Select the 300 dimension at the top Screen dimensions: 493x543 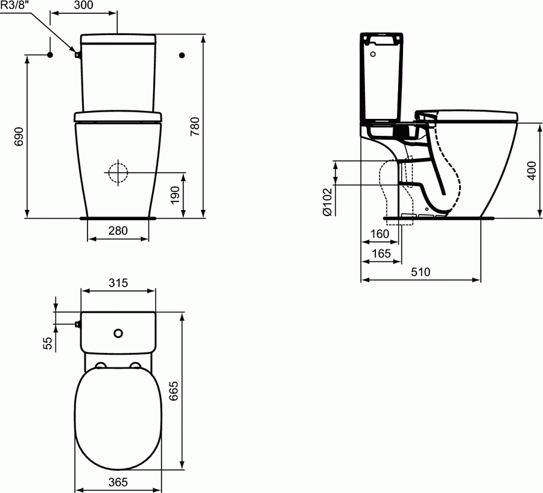tap(84, 5)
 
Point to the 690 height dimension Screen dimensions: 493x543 tap(18, 136)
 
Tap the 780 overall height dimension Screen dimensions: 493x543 tap(194, 125)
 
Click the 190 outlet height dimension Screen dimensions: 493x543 tap(175, 195)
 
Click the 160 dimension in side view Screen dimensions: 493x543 tap(379, 234)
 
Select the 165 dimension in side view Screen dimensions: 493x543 tap(381, 253)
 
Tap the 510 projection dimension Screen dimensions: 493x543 tap(421, 272)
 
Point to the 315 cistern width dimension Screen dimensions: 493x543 tap(118, 283)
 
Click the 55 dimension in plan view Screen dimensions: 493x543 tap(48, 342)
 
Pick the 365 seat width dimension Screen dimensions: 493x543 tap(118, 483)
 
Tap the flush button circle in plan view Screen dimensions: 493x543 tap(118, 332)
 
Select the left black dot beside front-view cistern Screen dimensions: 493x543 tap(50, 55)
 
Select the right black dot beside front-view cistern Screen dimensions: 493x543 tap(183, 55)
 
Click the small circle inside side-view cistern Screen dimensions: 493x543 tap(373, 54)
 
